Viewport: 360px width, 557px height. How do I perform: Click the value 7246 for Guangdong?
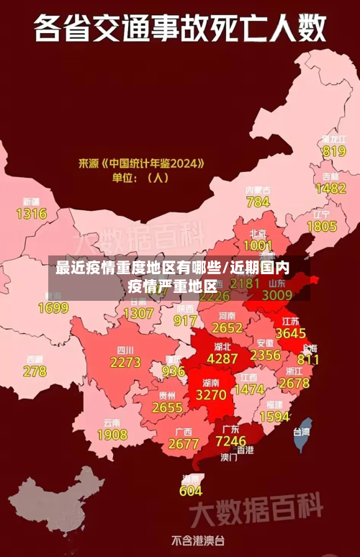[x=231, y=440]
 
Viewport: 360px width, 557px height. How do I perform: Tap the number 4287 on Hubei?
[x=222, y=358]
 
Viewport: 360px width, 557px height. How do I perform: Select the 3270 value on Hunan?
[x=211, y=394]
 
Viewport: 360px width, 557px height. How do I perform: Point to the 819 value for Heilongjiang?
[x=334, y=151]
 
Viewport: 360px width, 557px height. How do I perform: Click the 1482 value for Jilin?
[x=330, y=189]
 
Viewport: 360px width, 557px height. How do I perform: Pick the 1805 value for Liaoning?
[x=322, y=226]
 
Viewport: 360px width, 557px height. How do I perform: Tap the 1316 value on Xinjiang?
[x=31, y=213]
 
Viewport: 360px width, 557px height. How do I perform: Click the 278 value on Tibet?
[x=35, y=371]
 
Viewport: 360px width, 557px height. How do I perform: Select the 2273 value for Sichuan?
[x=125, y=362]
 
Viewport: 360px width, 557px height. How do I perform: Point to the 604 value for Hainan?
[x=190, y=491]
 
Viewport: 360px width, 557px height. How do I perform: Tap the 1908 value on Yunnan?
[x=112, y=435]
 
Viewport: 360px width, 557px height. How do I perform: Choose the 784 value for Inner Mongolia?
[x=258, y=202]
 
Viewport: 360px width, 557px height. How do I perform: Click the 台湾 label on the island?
[x=301, y=432]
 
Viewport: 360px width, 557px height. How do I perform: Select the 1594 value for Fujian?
[x=274, y=417]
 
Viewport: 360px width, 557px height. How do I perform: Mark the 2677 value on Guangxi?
[x=184, y=443]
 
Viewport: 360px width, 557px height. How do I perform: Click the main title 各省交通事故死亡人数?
[x=179, y=30]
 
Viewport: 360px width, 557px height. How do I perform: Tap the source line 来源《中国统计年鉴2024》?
[x=141, y=163]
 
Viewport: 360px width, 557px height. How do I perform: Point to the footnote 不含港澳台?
[x=197, y=540]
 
